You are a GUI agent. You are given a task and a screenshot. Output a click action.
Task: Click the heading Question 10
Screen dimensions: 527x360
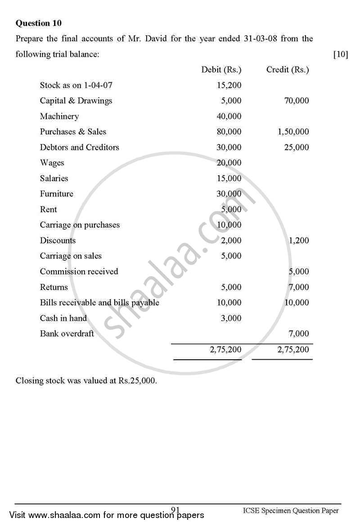pos(39,23)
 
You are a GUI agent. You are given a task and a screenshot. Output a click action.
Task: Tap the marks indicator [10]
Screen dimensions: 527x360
pos(340,54)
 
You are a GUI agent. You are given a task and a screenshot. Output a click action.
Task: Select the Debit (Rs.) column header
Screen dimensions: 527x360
pos(221,70)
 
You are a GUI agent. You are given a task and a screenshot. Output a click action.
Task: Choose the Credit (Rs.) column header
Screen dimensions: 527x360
pos(288,70)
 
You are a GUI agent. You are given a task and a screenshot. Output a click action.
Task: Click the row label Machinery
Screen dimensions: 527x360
pos(59,116)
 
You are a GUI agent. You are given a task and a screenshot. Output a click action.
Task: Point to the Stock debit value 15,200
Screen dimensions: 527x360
pos(229,85)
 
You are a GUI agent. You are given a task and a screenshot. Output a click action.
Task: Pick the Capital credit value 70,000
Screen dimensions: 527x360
pos(297,101)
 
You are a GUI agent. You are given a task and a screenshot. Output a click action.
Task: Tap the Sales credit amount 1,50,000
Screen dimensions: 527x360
pos(293,132)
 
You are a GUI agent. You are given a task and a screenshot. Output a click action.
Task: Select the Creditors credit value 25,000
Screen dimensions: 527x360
pos(297,147)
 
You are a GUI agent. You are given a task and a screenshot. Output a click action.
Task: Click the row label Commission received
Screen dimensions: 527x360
pos(79,272)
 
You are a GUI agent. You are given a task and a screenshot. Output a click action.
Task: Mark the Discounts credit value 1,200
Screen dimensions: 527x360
pos(299,241)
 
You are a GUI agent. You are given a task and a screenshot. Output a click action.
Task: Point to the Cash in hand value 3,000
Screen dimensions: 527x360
pos(231,318)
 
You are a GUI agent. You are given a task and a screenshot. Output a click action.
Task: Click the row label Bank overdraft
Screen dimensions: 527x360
pos(67,334)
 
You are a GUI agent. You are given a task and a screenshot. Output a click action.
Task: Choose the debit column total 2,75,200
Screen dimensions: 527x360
pos(225,349)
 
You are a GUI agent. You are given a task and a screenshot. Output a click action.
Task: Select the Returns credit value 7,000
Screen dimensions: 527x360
pos(299,287)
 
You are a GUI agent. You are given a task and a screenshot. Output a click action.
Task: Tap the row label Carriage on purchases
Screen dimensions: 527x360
pos(80,225)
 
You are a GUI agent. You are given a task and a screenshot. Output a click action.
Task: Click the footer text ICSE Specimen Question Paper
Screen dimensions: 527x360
pos(290,510)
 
